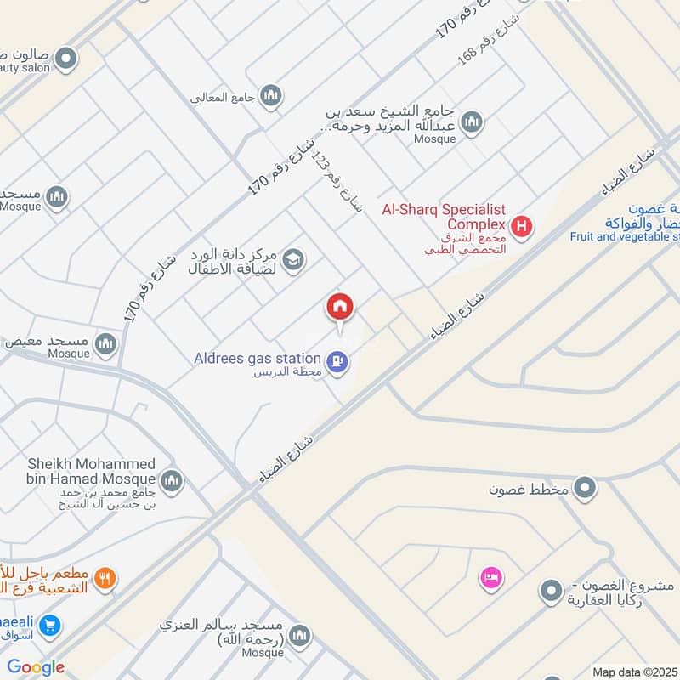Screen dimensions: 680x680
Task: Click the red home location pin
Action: (340, 307)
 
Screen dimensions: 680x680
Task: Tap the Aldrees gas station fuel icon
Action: (338, 362)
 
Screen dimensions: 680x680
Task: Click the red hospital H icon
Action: (523, 227)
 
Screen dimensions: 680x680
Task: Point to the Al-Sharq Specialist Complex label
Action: (444, 215)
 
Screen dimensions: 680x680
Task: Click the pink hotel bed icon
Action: (492, 578)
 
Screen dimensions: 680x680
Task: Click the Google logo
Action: (36, 667)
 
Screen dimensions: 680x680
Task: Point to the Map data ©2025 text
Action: (635, 672)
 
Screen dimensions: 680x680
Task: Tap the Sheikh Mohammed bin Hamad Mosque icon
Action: (172, 481)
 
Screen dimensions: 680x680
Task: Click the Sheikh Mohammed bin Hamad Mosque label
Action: (92, 472)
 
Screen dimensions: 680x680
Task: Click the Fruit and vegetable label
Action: (624, 236)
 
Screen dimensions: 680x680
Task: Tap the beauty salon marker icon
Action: (65, 59)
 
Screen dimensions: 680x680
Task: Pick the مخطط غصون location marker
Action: (584, 489)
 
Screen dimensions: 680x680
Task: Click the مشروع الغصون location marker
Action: (552, 590)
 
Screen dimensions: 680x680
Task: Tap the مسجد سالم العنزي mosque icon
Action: (299, 635)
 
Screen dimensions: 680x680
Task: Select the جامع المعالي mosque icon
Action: (271, 95)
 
